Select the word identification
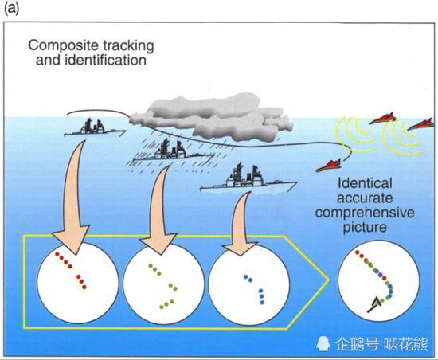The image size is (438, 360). [106, 60]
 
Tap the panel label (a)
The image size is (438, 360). [12, 9]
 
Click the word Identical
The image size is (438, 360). [365, 183]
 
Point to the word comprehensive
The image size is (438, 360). [365, 213]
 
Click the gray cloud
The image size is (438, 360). [212, 116]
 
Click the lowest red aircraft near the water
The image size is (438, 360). [329, 166]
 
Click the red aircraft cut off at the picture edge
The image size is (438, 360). [421, 124]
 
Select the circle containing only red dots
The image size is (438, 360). [78, 283]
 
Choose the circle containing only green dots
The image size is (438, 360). [164, 284]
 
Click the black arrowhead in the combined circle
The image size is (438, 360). [377, 303]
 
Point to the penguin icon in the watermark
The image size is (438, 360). [323, 343]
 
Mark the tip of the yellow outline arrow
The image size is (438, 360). [329, 280]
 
